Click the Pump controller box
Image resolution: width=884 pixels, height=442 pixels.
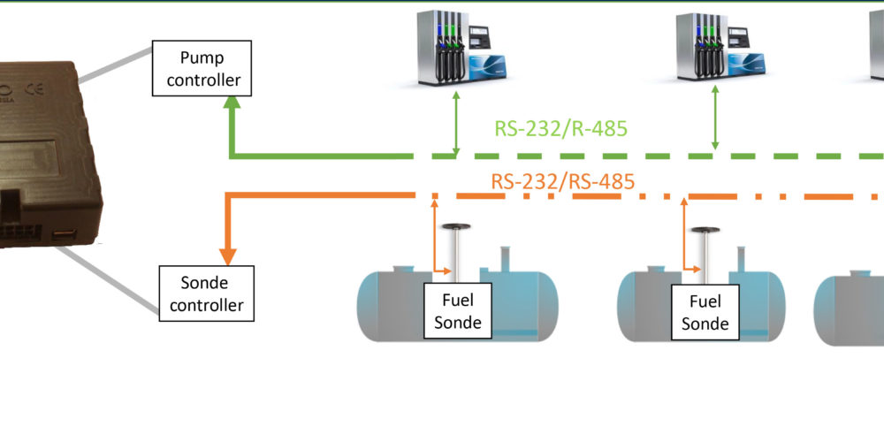(x=202, y=69)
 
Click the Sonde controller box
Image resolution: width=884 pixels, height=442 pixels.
(x=207, y=294)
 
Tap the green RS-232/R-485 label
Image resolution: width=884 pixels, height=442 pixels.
(x=560, y=129)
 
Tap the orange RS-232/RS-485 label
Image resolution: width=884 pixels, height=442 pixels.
(x=563, y=182)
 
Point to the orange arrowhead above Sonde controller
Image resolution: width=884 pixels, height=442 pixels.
(x=229, y=255)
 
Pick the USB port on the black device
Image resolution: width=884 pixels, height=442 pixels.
(x=65, y=234)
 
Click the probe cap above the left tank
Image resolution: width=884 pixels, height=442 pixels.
(x=457, y=228)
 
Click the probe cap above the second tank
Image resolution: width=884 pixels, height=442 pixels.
(x=705, y=232)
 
